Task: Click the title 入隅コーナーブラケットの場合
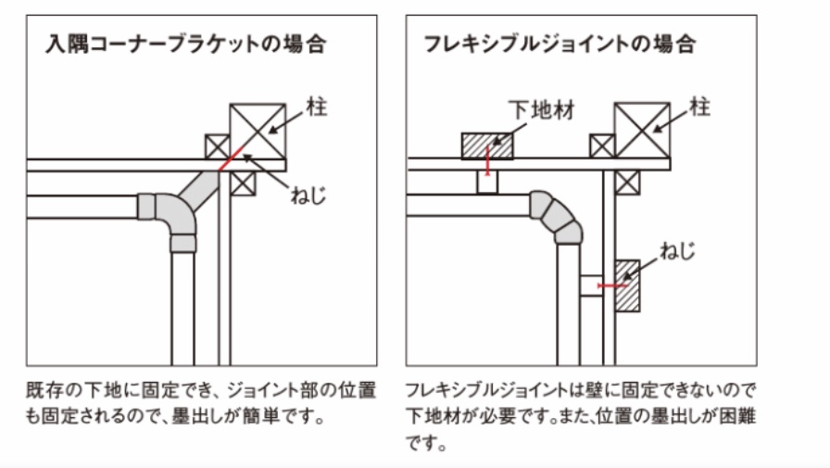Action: (x=186, y=44)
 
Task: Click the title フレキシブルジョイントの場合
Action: (x=559, y=44)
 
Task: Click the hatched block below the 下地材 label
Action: (x=487, y=145)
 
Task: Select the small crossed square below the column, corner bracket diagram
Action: (x=243, y=183)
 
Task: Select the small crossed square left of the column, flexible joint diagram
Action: (x=602, y=145)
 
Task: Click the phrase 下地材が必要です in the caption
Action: (x=459, y=415)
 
